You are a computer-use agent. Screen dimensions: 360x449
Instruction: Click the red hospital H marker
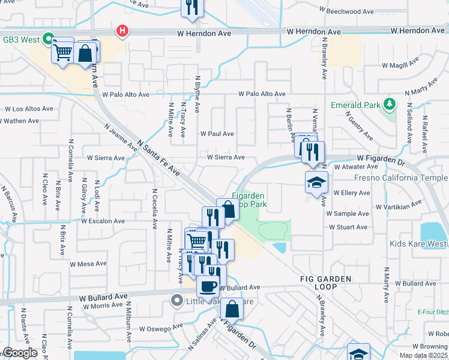(x=123, y=31)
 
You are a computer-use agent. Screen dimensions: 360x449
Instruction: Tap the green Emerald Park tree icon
(x=390, y=104)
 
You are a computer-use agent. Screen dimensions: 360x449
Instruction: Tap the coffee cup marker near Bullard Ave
(x=208, y=286)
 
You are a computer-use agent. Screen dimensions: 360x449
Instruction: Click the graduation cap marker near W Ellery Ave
(x=316, y=182)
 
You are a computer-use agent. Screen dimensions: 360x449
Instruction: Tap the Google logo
(x=20, y=353)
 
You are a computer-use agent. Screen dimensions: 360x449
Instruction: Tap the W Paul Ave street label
(x=217, y=134)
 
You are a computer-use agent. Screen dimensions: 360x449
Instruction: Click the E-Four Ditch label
(x=433, y=311)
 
